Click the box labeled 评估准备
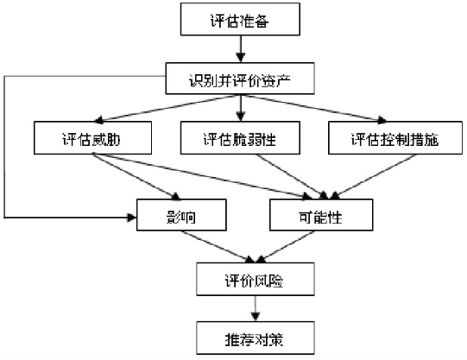[x=240, y=19]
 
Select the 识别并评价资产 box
[x=240, y=79]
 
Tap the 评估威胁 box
[x=92, y=138]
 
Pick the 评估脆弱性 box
[x=240, y=138]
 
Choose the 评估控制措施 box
[x=395, y=138]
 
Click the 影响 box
[x=181, y=215]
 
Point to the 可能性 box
[x=321, y=215]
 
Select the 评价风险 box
[x=256, y=279]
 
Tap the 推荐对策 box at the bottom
[x=256, y=338]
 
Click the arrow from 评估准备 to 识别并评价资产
[x=241, y=49]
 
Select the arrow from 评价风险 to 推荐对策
[x=256, y=308]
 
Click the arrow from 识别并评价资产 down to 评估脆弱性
[x=241, y=108]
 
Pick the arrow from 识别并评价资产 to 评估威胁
[x=166, y=109]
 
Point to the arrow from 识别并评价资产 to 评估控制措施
[x=315, y=108]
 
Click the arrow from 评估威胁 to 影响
[x=136, y=176]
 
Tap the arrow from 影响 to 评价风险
[x=219, y=247]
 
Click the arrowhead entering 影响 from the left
[x=132, y=218]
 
